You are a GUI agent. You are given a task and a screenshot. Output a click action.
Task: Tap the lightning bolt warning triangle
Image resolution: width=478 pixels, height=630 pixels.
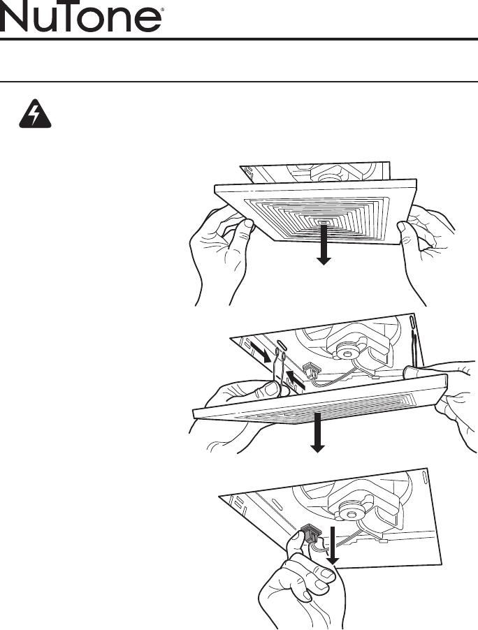click(36, 114)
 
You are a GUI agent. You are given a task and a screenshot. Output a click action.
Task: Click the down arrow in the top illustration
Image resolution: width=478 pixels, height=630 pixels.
click(324, 244)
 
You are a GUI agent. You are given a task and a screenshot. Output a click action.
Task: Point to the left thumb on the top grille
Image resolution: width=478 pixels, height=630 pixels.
click(245, 228)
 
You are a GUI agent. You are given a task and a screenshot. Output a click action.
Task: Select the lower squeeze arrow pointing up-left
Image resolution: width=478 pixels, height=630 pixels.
click(296, 381)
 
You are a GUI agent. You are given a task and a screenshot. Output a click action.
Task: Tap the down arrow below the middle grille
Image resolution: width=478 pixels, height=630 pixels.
click(318, 432)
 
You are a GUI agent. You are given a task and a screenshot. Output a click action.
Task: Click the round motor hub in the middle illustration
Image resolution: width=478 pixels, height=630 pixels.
click(345, 353)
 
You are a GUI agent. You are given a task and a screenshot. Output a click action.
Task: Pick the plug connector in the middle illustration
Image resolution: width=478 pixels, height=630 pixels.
click(310, 368)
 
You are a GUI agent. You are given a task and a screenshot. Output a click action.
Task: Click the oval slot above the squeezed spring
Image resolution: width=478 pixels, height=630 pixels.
click(282, 345)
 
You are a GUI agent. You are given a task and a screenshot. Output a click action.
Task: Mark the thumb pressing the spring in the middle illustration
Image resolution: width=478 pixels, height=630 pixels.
click(270, 388)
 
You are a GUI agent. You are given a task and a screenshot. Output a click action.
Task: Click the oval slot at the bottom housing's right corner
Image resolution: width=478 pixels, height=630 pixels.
click(425, 478)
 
